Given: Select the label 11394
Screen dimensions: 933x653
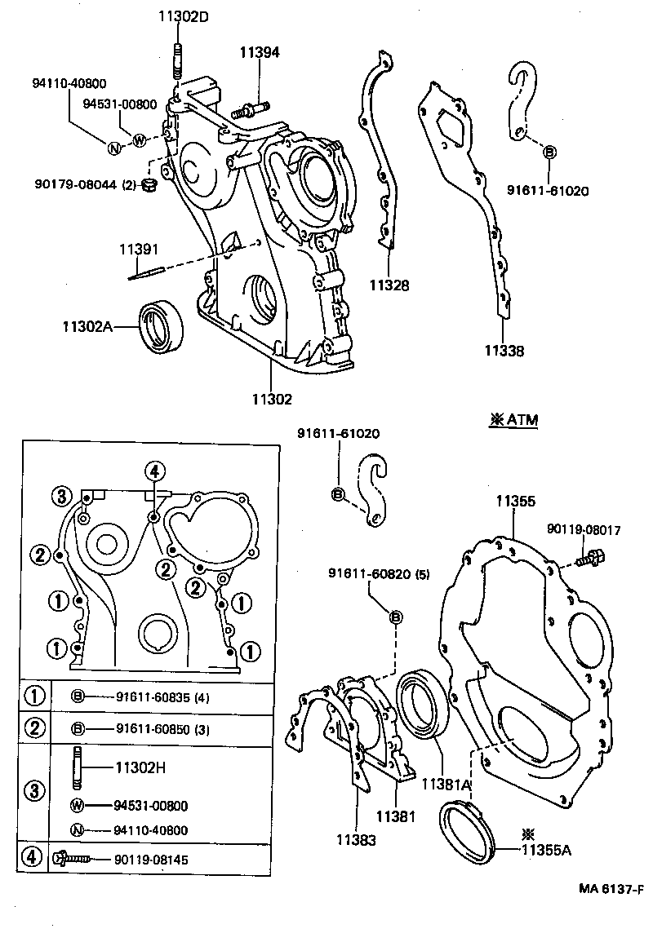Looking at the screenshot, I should tap(259, 52).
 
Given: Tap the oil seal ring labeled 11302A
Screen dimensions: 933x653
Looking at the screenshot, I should tap(162, 326).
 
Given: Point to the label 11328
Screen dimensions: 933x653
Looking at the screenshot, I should tap(389, 285).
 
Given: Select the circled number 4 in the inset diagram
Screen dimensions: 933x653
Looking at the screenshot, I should tap(156, 470).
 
